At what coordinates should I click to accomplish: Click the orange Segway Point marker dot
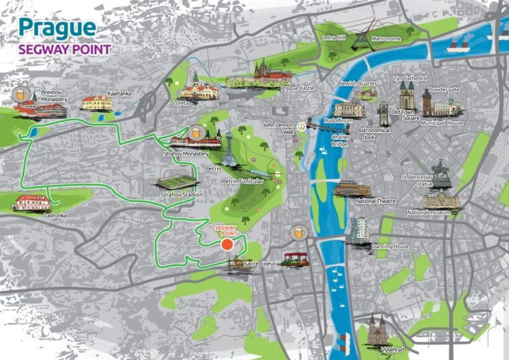[x=227, y=244]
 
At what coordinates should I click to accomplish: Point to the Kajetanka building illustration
[x=96, y=103]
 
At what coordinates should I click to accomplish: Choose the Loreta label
[x=180, y=104]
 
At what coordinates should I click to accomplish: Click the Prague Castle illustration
[x=272, y=71]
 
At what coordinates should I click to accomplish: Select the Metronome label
[x=386, y=39]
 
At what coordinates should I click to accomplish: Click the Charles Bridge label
[x=340, y=140]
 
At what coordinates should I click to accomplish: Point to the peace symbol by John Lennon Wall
[x=302, y=125]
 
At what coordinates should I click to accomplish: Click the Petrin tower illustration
[x=230, y=149]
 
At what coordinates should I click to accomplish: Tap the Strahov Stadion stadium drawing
[x=177, y=182]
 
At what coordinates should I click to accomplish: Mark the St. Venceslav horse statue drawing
[x=440, y=172]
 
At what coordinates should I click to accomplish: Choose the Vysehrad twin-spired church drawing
[x=376, y=329]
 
